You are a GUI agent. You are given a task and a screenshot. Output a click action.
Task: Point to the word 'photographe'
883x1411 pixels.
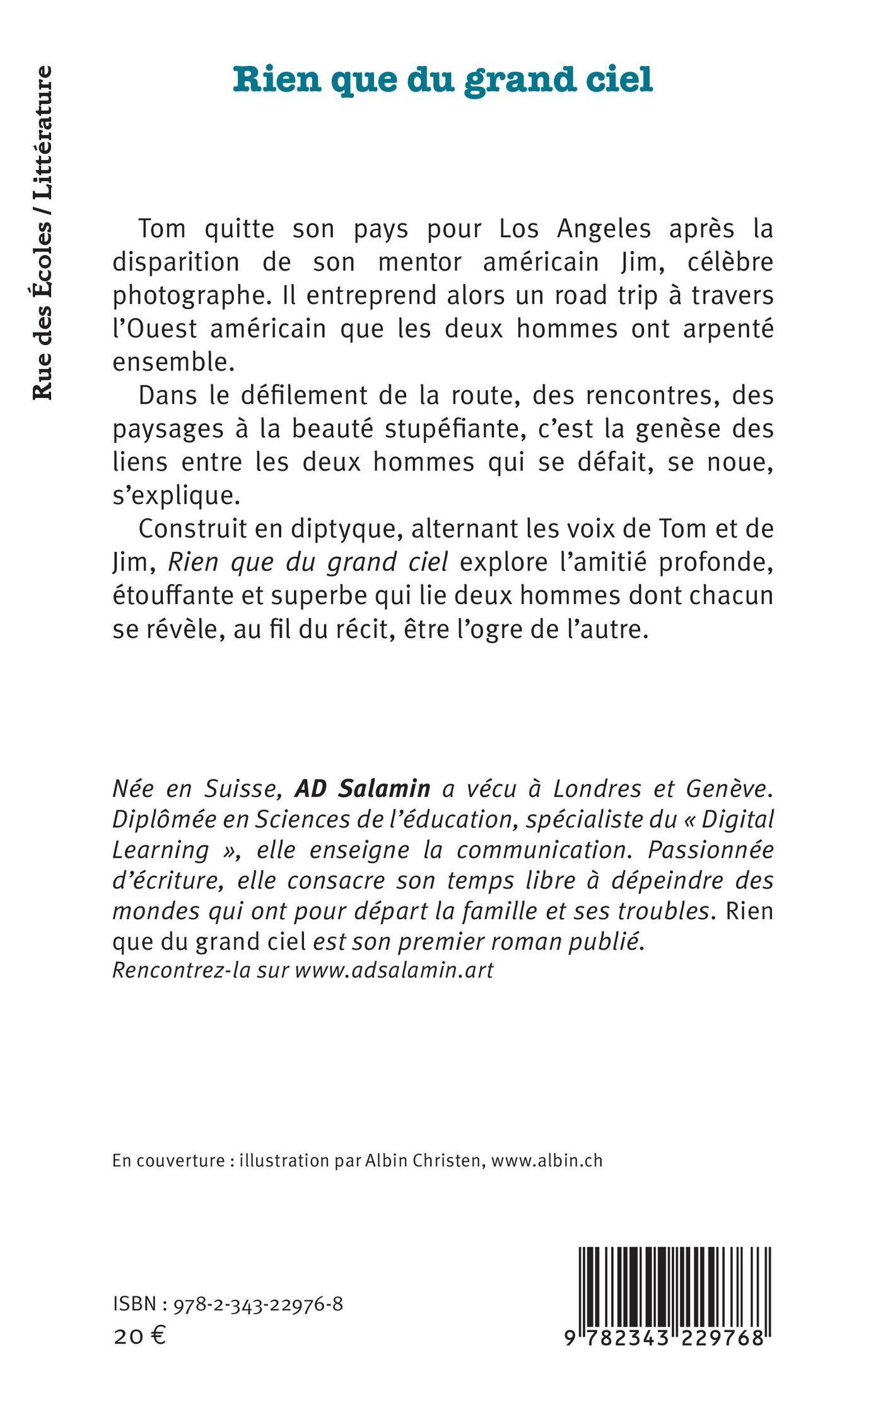click(x=185, y=296)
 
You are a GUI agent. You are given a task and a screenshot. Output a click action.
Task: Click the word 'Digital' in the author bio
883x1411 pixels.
click(x=737, y=819)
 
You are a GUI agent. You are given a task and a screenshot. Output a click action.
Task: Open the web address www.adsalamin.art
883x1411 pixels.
click(x=394, y=970)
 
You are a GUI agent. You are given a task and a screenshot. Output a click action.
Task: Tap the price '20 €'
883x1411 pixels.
click(x=139, y=1335)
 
